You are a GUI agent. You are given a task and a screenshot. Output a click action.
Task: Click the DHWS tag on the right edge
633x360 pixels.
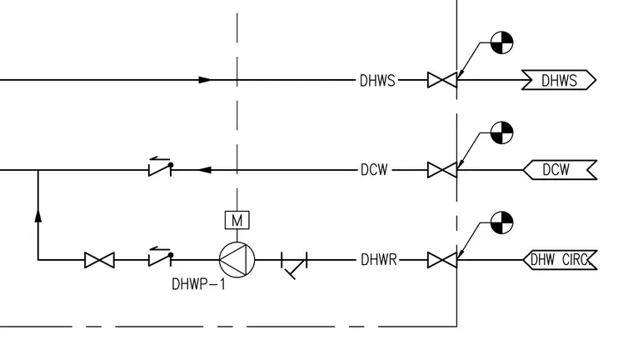559,80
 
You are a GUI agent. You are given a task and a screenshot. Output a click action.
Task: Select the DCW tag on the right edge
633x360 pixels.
560,170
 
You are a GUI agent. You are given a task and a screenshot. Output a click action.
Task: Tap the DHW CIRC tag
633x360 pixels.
560,260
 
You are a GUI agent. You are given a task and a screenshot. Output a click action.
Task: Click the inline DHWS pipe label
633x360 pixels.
377,80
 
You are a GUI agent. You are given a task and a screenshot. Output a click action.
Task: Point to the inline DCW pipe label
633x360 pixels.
374,170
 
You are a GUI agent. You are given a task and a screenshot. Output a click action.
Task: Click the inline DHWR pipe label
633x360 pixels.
379,260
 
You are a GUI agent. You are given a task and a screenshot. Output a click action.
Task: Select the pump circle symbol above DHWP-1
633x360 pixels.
237,260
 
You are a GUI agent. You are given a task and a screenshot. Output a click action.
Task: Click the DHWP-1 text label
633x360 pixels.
198,284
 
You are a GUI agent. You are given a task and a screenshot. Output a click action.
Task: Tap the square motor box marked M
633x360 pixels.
237,220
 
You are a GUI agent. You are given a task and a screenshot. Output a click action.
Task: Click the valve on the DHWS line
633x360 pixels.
442,80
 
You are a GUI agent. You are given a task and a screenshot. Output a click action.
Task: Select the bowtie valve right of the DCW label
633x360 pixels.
442,170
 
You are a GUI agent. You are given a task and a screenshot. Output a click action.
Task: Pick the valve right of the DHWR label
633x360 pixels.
442,260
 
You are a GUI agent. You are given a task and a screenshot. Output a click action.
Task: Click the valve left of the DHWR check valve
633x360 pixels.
99,260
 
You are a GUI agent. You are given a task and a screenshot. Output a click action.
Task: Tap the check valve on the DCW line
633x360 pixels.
160,167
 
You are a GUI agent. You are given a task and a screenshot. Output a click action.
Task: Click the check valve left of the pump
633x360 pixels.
160,257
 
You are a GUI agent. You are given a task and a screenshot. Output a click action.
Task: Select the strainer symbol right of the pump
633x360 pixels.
294,265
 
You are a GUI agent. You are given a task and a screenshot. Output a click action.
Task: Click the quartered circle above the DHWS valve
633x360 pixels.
501,42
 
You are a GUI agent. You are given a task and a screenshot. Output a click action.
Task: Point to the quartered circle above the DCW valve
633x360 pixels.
501,132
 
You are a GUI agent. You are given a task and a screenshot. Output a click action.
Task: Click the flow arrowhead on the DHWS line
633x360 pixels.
205,80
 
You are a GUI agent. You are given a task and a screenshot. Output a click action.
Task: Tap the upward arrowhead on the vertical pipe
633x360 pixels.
38,216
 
